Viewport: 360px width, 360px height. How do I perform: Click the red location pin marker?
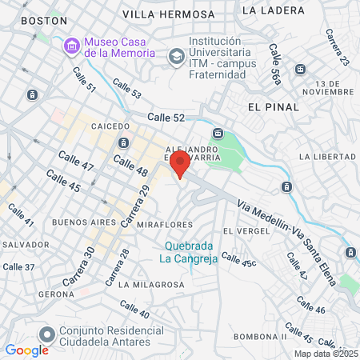click(180, 165)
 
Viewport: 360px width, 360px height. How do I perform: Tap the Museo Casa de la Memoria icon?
click(72, 46)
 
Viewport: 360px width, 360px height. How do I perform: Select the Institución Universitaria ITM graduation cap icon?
click(175, 57)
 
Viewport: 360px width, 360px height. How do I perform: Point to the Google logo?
click(26, 350)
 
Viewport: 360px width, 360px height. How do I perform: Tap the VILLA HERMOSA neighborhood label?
click(169, 14)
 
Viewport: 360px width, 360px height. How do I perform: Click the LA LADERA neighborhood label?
click(272, 10)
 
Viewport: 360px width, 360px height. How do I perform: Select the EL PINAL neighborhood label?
click(274, 106)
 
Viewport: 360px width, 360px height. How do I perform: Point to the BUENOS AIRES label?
click(80, 222)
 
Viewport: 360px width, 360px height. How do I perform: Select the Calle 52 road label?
click(166, 118)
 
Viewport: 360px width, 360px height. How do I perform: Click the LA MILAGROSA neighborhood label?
click(146, 284)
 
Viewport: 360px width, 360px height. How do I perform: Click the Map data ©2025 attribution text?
click(326, 353)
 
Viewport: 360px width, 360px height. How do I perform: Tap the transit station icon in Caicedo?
click(123, 143)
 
